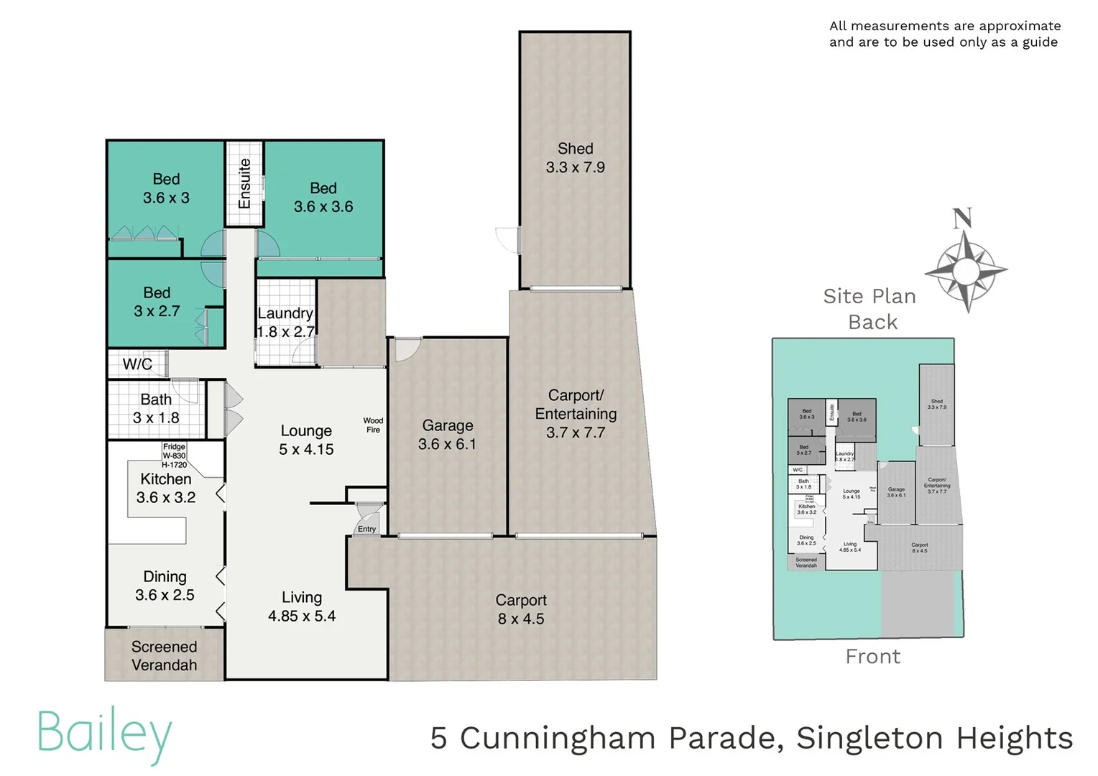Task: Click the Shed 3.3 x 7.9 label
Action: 575,158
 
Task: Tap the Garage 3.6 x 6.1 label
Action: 447,435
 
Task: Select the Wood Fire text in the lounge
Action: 373,425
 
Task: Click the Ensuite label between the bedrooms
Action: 245,183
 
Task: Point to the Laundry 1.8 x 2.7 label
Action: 285,323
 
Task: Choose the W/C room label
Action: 137,364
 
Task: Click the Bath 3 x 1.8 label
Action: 156,409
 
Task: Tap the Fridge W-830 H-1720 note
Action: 174,456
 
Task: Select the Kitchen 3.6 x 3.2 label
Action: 166,489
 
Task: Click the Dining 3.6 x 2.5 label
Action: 165,586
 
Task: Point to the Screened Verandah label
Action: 164,656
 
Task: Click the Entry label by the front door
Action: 366,530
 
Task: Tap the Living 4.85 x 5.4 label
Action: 302,606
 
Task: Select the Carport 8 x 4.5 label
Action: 521,609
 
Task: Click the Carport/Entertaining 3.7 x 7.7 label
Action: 576,414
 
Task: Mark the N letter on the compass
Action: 962,218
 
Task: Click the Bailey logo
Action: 105,734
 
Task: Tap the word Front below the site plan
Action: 872,657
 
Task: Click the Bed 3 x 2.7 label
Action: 157,302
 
